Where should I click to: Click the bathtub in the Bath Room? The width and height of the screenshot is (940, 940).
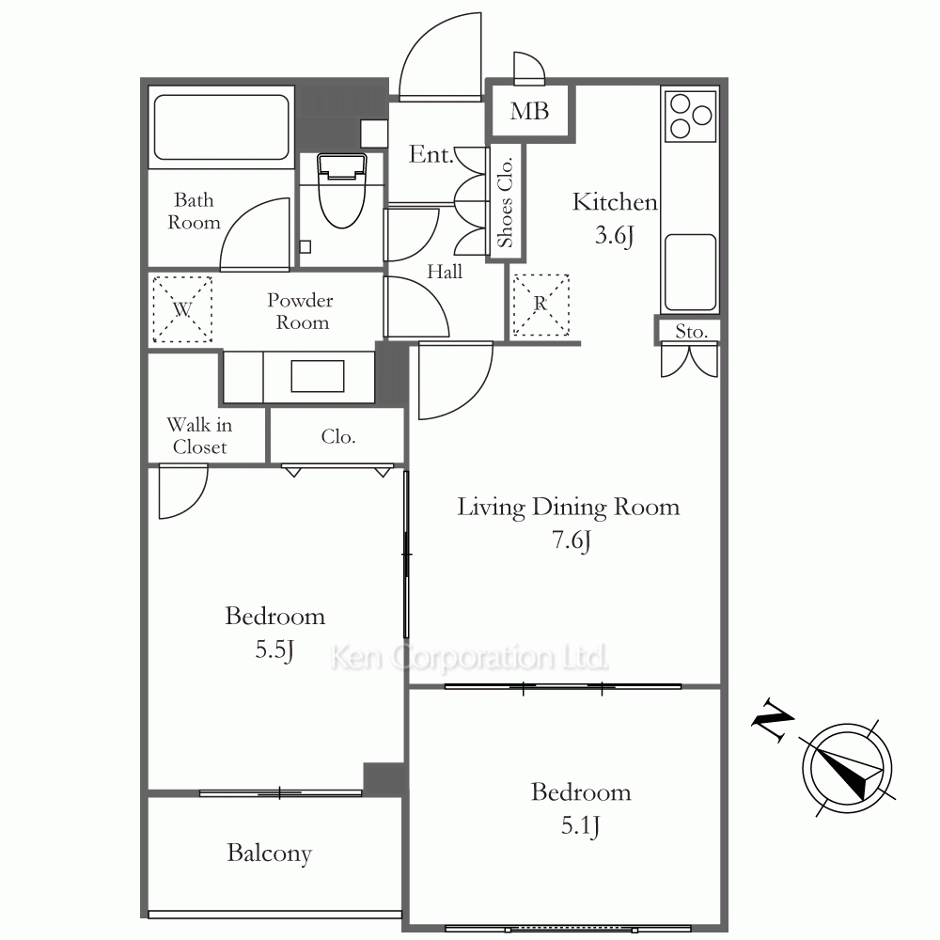point(221,127)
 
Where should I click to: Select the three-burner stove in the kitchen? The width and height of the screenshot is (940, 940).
point(691,116)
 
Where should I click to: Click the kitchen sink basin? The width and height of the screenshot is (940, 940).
point(691,273)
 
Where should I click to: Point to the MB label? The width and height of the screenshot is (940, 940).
point(529,111)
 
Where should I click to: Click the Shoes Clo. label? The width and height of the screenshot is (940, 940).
point(506,202)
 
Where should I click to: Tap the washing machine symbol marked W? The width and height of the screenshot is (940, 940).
point(182,309)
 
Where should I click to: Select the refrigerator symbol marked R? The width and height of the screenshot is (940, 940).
point(540,305)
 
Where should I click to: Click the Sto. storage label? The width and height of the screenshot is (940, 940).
point(691,331)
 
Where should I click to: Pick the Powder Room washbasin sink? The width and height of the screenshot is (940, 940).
point(318,376)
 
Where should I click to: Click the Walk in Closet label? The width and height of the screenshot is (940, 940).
point(199,436)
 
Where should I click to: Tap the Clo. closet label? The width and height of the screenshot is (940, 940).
point(338,436)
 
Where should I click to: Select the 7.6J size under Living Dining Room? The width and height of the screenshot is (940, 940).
point(572,540)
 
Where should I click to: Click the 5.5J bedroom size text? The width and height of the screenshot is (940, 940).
point(274,650)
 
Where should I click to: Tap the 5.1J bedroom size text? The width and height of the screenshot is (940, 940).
point(580,826)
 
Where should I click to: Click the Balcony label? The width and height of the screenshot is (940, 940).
point(269,854)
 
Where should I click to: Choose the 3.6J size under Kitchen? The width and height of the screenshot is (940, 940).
point(615,235)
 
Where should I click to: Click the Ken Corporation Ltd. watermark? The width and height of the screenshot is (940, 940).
point(469,658)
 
